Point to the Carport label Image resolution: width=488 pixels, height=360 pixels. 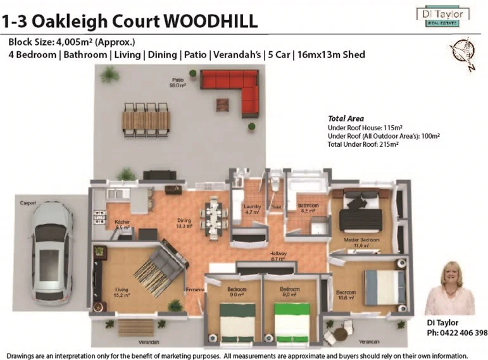click(28, 203)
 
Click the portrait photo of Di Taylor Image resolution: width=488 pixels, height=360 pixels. click(450, 289)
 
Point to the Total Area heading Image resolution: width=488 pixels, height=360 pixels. click(346, 118)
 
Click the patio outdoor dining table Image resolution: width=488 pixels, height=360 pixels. click(146, 120)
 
